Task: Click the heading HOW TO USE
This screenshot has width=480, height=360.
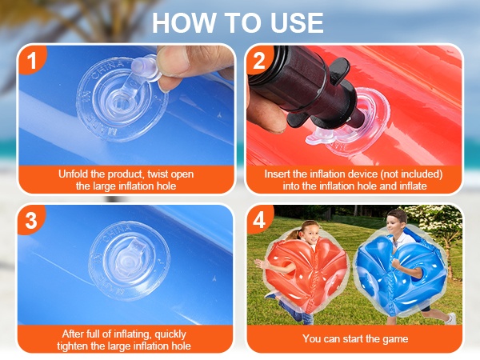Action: click(x=238, y=23)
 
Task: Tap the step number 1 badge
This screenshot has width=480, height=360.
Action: click(x=32, y=60)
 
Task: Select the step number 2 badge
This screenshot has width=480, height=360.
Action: click(x=259, y=60)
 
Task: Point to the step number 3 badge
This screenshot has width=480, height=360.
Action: click(x=31, y=220)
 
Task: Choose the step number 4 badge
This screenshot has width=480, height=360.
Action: click(x=259, y=219)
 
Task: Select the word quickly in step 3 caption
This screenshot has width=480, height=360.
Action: click(x=170, y=334)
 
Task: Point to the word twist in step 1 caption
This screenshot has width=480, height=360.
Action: click(x=158, y=174)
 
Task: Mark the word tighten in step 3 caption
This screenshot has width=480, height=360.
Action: click(x=72, y=346)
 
